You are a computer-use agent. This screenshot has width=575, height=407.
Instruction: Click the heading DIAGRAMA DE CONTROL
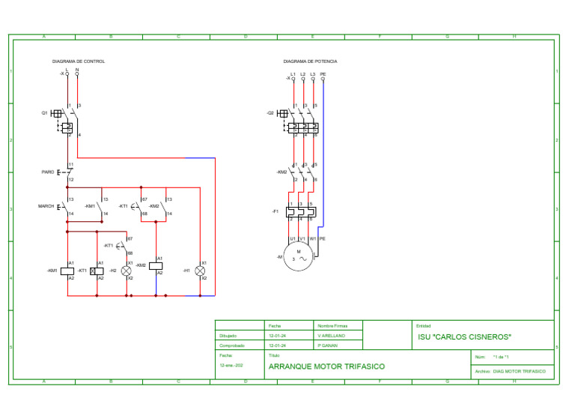click(78, 61)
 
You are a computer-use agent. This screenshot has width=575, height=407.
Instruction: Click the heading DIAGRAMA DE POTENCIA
click(310, 61)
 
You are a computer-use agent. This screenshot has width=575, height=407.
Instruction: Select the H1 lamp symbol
click(200, 270)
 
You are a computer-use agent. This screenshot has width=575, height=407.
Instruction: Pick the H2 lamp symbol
click(126, 270)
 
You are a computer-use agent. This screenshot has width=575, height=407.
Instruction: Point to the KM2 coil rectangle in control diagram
click(156, 265)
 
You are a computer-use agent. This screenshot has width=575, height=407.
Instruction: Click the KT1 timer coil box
click(97, 270)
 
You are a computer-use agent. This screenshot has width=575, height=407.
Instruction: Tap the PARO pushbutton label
click(48, 172)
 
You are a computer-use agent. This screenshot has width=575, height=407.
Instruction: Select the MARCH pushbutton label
click(46, 205)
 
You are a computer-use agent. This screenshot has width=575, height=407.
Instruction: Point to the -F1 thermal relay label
click(275, 211)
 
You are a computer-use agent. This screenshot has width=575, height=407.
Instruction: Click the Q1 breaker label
click(44, 112)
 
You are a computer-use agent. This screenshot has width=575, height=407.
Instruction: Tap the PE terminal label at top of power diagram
click(323, 73)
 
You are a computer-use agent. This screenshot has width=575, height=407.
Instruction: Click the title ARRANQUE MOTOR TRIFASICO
click(326, 367)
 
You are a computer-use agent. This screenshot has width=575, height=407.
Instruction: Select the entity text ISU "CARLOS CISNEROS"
click(464, 337)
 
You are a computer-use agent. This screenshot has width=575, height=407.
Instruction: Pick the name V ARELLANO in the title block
click(331, 337)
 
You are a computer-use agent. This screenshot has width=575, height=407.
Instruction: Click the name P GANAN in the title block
click(328, 346)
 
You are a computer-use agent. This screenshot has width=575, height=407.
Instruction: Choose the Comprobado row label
click(232, 346)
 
